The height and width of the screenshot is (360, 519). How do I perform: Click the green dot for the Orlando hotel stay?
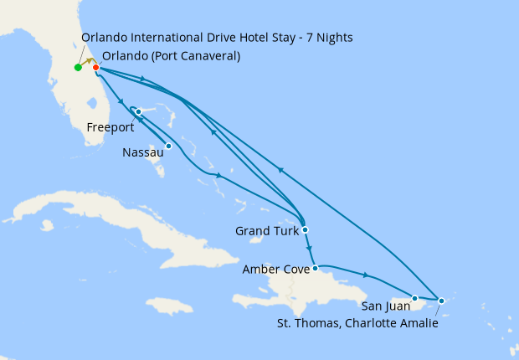click(x=78, y=67)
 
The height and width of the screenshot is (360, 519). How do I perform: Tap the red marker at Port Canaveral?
click(x=96, y=67)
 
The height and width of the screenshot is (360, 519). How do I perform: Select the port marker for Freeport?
click(x=138, y=112)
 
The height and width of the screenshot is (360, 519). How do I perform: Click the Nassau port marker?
click(x=168, y=146)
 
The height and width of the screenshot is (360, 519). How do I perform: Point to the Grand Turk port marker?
click(x=306, y=229)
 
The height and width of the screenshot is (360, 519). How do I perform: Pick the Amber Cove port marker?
click(x=315, y=269)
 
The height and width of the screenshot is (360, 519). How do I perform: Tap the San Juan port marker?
click(x=414, y=297)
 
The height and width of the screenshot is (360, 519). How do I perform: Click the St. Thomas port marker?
click(x=441, y=301)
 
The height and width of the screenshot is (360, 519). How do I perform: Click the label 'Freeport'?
click(x=110, y=128)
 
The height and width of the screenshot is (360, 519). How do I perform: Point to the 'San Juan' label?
click(x=385, y=306)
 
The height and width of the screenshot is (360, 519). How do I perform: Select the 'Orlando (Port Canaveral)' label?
click(x=171, y=56)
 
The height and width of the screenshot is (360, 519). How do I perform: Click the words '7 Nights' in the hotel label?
click(x=327, y=37)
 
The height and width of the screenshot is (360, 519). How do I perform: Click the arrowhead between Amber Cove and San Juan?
click(x=366, y=275)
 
